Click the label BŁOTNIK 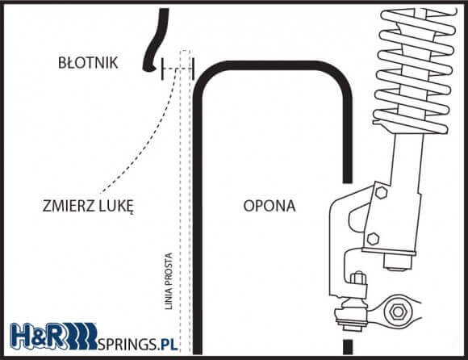[88, 62]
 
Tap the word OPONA [270, 206]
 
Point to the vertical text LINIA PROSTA [169, 281]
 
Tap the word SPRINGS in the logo [127, 344]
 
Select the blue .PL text [168, 344]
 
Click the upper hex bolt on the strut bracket [381, 192]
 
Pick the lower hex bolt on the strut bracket [373, 239]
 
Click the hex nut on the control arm [398, 312]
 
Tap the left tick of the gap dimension [162, 69]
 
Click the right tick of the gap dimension [193, 69]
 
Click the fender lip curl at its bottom [148, 69]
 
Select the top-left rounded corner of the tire [206, 74]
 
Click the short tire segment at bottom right [348, 346]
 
